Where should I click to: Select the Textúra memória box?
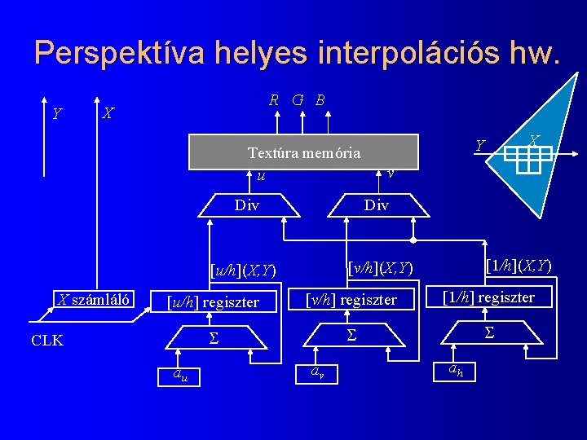pos(303,152)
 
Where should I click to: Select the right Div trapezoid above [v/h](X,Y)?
pos(376,205)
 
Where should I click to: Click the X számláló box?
pos(95,298)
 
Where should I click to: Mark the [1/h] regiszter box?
pos(488,297)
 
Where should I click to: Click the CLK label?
pos(47,341)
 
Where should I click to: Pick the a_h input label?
pos(454,371)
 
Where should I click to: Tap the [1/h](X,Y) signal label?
pos(519,266)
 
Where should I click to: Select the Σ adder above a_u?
pos(212,337)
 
